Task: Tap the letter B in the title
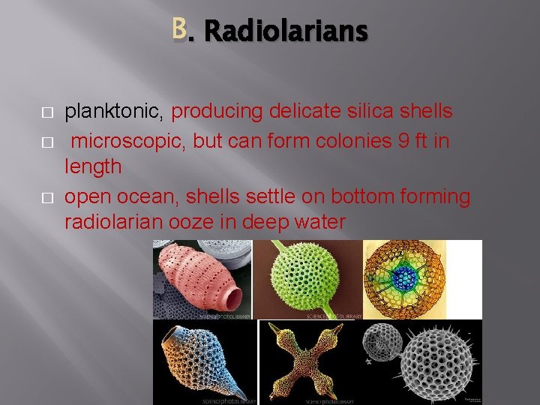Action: (178, 29)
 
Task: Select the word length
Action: (93, 166)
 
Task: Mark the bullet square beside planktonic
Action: (46, 112)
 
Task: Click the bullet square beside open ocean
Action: (46, 197)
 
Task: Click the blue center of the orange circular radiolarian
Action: (406, 278)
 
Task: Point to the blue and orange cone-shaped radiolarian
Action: (202, 361)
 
